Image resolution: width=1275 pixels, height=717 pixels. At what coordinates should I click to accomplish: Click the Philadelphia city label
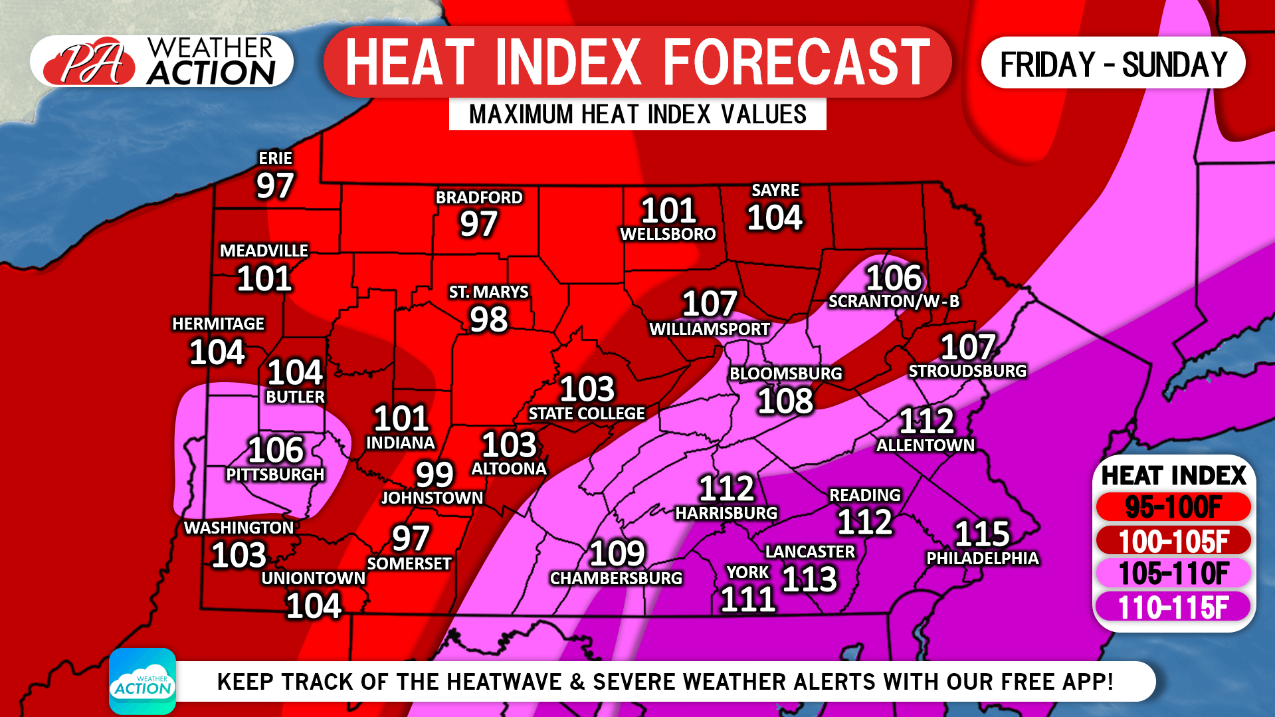click(982, 558)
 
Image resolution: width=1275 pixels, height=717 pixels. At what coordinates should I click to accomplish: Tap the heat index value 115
click(982, 534)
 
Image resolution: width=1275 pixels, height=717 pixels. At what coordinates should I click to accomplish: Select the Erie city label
click(275, 158)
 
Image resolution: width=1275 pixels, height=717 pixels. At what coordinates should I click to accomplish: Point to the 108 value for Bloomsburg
click(785, 401)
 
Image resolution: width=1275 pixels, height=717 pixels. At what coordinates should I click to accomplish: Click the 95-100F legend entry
click(1173, 508)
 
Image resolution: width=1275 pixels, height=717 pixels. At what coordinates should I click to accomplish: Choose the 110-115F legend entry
click(1173, 607)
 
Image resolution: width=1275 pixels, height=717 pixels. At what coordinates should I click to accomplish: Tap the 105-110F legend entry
click(1173, 574)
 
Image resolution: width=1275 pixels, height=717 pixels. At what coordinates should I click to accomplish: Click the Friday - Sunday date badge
click(1113, 64)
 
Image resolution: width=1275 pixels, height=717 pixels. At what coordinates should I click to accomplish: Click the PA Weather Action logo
click(161, 62)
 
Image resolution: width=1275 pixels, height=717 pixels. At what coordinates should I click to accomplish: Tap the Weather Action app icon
click(142, 681)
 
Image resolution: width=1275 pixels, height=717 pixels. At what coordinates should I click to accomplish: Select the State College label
click(586, 413)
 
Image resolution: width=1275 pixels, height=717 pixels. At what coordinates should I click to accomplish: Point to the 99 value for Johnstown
click(435, 474)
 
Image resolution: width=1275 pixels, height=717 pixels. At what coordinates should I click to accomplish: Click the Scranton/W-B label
click(894, 301)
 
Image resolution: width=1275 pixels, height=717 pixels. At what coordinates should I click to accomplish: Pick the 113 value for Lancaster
click(809, 579)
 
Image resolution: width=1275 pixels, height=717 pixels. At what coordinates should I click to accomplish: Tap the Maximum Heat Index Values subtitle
click(637, 114)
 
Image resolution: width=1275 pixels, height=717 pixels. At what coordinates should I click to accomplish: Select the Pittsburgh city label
click(275, 474)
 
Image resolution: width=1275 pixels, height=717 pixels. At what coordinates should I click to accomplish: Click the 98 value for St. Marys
click(489, 320)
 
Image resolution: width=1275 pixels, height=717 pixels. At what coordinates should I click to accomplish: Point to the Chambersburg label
click(616, 578)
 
